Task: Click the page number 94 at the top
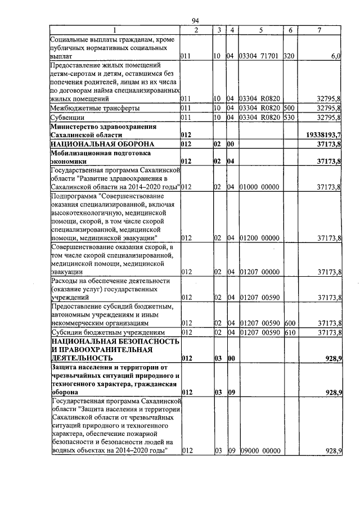(x=196, y=21)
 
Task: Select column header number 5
(x=260, y=30)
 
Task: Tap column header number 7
(x=319, y=30)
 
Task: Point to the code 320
(x=289, y=57)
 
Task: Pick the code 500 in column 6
(x=289, y=107)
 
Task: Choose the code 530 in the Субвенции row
(x=289, y=118)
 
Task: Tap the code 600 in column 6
(x=289, y=323)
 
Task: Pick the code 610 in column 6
(x=289, y=332)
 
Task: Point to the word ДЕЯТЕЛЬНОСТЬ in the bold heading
(x=83, y=358)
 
